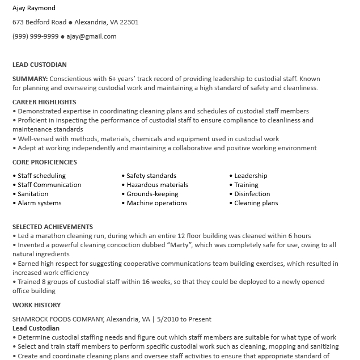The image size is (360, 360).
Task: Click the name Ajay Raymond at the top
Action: tap(34, 9)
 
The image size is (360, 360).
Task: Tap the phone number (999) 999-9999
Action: tap(35, 36)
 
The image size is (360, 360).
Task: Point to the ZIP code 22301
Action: tap(128, 22)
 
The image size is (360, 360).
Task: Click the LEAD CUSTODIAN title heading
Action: tap(40, 65)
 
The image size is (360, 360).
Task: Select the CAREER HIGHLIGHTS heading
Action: tap(44, 102)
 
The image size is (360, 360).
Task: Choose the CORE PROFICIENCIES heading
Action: tap(45, 162)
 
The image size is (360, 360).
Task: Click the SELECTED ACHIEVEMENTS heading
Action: tap(53, 227)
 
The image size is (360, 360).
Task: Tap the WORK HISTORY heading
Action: tap(37, 305)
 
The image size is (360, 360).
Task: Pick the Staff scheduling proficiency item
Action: tap(41, 176)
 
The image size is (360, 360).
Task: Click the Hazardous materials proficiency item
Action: tap(157, 185)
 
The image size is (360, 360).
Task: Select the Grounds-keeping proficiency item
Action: tap(152, 194)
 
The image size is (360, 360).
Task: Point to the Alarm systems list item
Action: tap(39, 203)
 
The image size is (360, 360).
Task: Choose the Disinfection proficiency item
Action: tap(252, 194)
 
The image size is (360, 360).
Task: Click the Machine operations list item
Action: tap(156, 203)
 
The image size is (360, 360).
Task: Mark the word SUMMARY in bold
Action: tap(31, 79)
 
